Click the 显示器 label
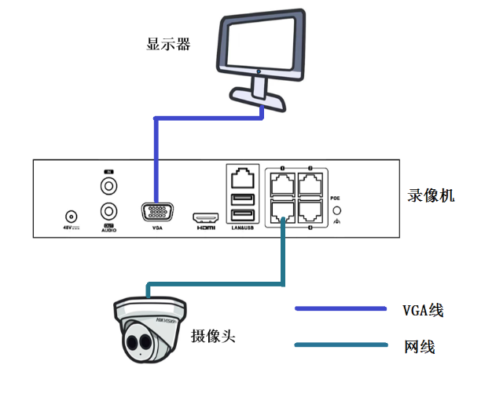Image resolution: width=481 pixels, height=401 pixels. tap(168, 44)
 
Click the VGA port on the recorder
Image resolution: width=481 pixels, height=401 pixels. tap(157, 213)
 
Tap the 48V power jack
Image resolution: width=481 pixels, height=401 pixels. tap(72, 216)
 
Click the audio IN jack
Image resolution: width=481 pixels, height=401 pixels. tap(108, 187)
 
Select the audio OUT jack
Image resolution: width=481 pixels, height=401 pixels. tap(108, 212)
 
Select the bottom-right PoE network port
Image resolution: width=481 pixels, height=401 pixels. tap(312, 210)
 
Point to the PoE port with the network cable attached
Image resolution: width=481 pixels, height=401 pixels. tap(281, 210)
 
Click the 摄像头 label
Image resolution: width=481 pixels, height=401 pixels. tap(213, 336)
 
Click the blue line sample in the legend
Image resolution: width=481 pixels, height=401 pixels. tap(341, 308)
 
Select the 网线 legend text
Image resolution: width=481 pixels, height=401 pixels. tap(419, 346)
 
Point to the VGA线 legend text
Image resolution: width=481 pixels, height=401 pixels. tap(423, 310)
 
